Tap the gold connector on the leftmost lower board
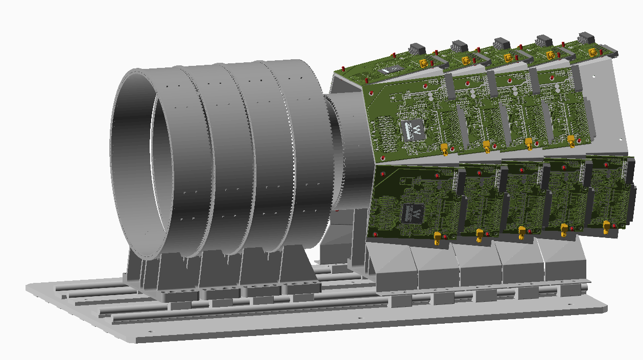(437, 238)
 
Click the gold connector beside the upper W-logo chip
(444, 149)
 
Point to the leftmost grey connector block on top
(417, 50)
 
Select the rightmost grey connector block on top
(585, 38)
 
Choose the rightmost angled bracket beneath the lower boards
(564, 266)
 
